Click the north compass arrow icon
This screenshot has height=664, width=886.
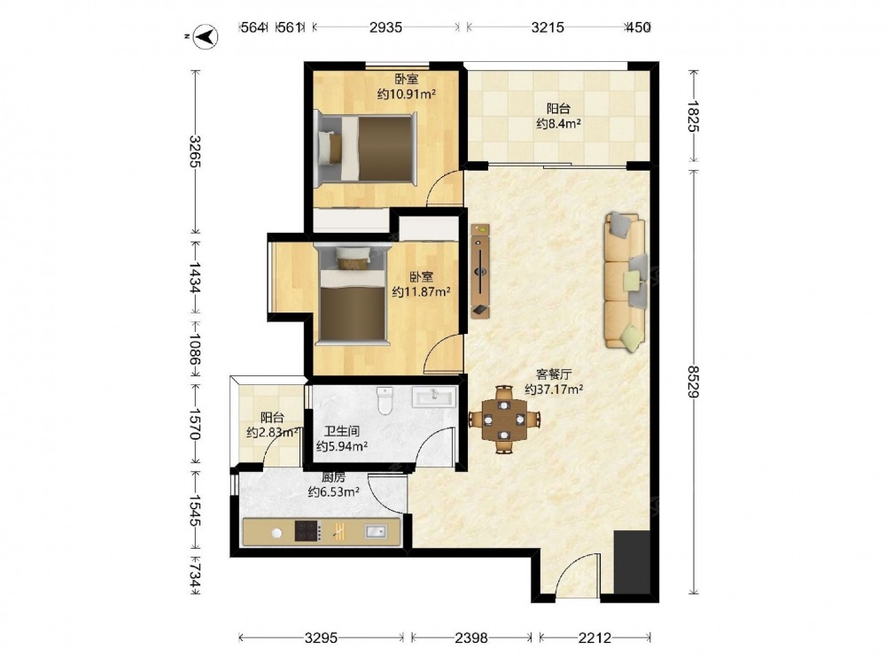click(x=206, y=37)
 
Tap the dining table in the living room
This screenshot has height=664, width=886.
click(x=504, y=420)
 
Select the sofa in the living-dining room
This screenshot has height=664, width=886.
click(x=626, y=282)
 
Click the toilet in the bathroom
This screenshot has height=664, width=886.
click(x=385, y=400)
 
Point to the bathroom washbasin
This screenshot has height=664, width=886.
click(x=433, y=397)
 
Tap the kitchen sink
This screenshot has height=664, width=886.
click(x=375, y=531)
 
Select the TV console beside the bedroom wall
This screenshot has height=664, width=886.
click(x=480, y=271)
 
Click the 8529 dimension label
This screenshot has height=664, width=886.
click(x=694, y=381)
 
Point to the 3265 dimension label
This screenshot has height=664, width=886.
click(x=195, y=151)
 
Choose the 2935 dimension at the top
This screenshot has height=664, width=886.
click(x=386, y=27)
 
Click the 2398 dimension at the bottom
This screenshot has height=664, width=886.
click(x=471, y=638)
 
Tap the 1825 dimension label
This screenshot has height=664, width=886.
click(x=694, y=116)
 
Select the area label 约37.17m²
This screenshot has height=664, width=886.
click(x=554, y=389)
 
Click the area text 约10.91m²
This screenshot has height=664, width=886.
click(x=407, y=94)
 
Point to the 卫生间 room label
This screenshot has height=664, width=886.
click(x=341, y=431)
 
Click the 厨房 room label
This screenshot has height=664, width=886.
click(x=333, y=477)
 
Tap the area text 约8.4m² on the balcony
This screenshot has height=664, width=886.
click(x=559, y=123)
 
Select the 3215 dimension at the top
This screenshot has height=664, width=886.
click(x=548, y=27)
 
